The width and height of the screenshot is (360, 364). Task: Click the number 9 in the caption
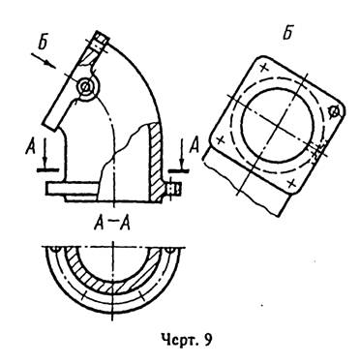[208, 340]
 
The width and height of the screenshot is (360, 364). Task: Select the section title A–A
[112, 224]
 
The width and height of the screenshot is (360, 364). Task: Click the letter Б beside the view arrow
[44, 43]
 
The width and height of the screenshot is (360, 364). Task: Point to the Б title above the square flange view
[288, 32]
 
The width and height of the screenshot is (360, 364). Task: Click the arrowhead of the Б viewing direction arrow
[50, 64]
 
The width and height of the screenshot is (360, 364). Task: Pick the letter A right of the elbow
[195, 145]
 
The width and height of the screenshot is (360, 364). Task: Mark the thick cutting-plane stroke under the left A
[47, 169]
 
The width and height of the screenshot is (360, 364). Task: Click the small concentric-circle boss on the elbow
[86, 86]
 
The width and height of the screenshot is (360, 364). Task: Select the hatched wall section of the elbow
[155, 162]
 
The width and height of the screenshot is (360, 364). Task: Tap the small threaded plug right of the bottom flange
[174, 190]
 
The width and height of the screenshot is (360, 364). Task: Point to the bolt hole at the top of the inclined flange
[99, 44]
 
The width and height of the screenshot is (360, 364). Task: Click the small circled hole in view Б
[335, 112]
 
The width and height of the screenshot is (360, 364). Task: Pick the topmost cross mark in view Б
[264, 68]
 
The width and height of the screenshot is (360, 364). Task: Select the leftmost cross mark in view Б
[221, 140]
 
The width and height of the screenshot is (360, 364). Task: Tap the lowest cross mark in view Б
[291, 184]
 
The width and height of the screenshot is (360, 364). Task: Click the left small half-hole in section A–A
[56, 250]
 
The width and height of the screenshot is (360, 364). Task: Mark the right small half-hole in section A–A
[169, 250]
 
